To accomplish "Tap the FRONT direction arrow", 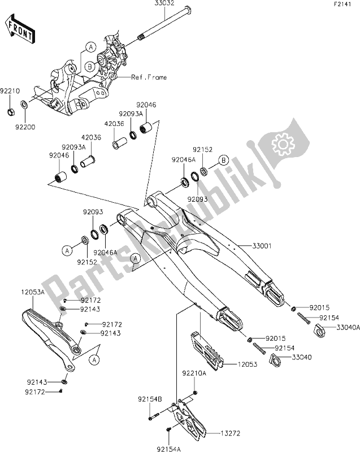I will pyautogui.click(x=18, y=29).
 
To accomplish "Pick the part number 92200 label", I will pyautogui.click(x=25, y=127).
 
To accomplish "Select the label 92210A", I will pyautogui.click(x=193, y=375).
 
